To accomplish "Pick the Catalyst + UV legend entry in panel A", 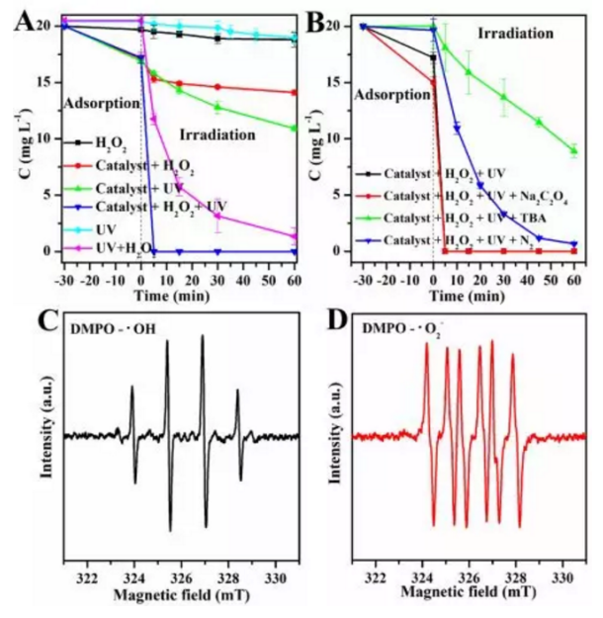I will [124, 187].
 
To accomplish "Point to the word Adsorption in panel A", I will [98, 103].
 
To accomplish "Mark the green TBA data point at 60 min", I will [573, 150].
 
